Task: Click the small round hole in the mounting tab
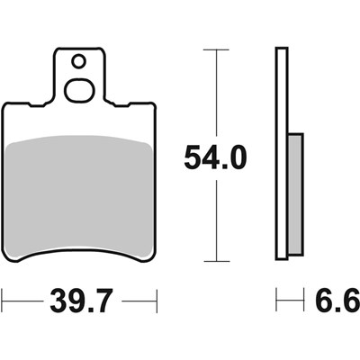tap(79, 61)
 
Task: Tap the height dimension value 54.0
tap(214, 159)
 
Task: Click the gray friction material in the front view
tap(79, 193)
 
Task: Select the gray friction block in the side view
tap(294, 194)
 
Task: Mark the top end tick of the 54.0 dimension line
tap(215, 49)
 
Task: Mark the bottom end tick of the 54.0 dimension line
tap(215, 262)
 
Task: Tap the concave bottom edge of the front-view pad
tap(79, 251)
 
